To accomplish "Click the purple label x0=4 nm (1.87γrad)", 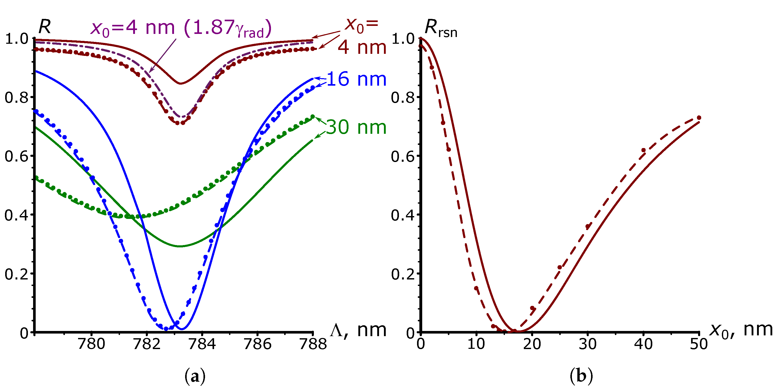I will click(x=181, y=28).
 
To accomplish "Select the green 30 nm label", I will click(x=356, y=127).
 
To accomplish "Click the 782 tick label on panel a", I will click(x=147, y=344).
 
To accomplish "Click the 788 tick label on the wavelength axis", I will click(x=313, y=344).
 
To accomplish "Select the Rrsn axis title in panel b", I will click(x=441, y=28).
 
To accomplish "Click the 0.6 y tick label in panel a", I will click(x=16, y=156).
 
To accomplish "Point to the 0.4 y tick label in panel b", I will click(x=403, y=215).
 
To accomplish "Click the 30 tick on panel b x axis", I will click(x=588, y=344).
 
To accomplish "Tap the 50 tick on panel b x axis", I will click(x=699, y=344).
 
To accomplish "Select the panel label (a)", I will click(x=195, y=377).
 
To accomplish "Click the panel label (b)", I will click(x=581, y=377).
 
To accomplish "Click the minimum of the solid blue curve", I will click(x=181, y=329).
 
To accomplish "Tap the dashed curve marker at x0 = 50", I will click(x=699, y=118).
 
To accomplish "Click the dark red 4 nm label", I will click(x=362, y=48).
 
